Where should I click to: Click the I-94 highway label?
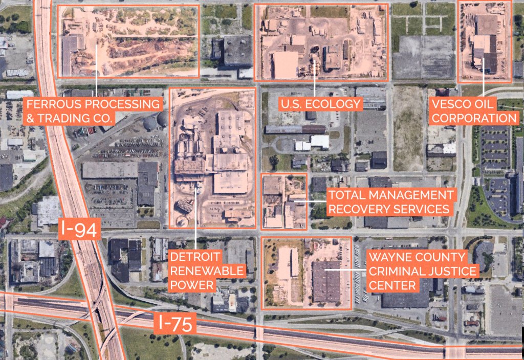[78, 231]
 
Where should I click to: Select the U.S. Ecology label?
[320, 104]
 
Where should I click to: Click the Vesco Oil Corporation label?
[474, 111]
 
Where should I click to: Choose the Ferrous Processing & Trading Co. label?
[94, 111]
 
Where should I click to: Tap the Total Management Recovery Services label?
[390, 201]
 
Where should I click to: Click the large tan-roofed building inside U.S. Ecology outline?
[285, 65]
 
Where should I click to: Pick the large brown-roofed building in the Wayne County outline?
[326, 282]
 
